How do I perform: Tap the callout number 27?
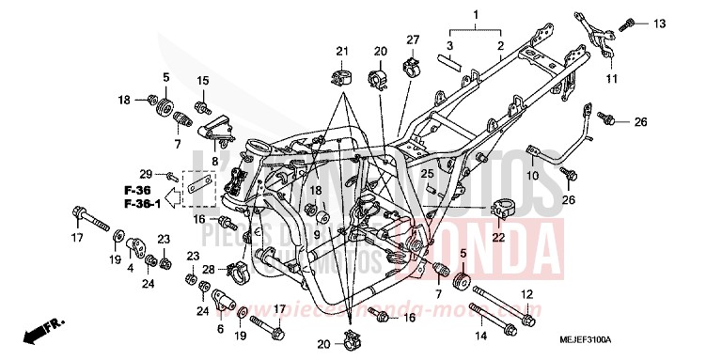click(x=412, y=39)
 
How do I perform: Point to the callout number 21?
click(x=342, y=51)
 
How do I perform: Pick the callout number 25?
click(x=426, y=174)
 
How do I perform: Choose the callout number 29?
click(x=145, y=174)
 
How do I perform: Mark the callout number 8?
click(x=215, y=161)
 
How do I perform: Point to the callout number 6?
click(x=221, y=330)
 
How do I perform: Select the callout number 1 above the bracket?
click(x=476, y=15)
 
